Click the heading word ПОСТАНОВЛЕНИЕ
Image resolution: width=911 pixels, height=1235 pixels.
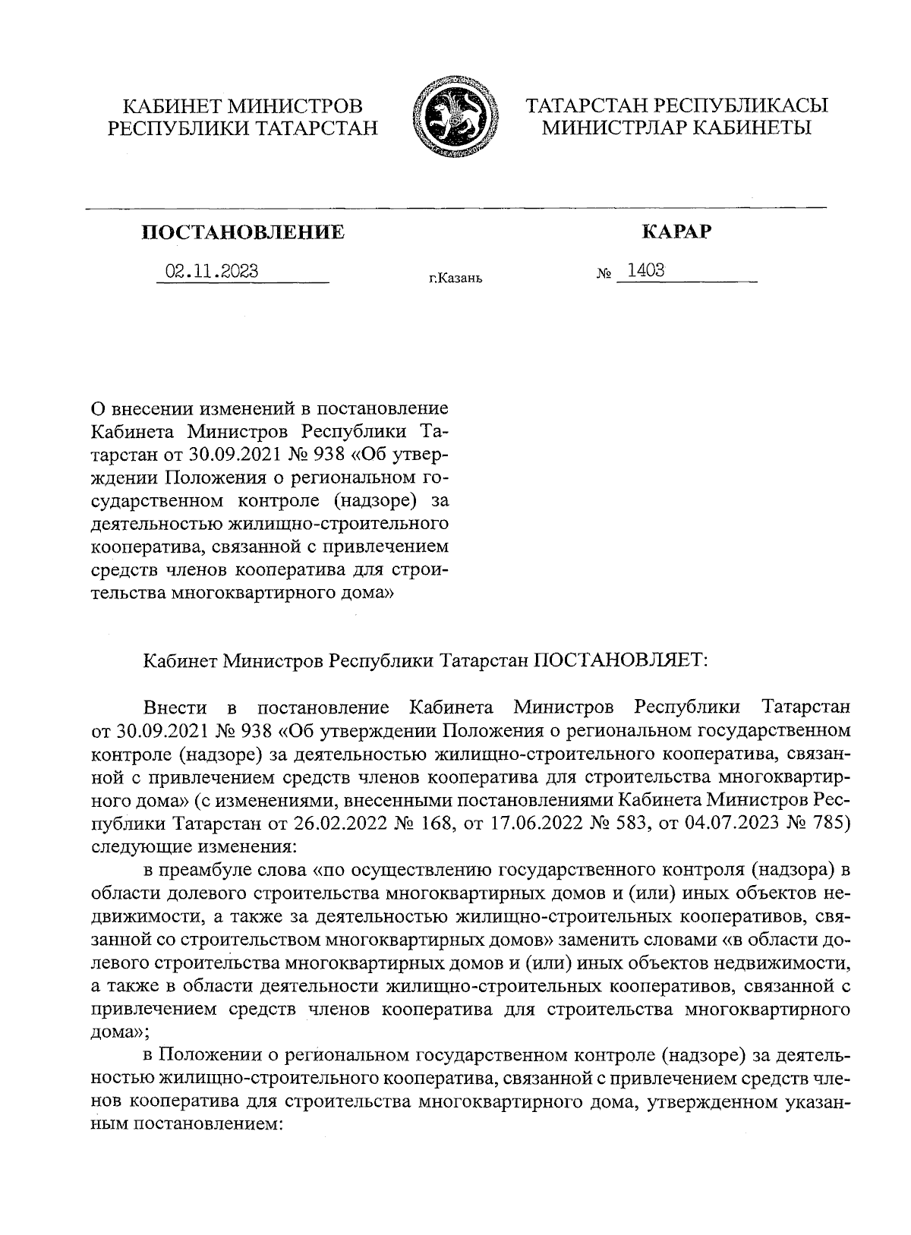[243, 232]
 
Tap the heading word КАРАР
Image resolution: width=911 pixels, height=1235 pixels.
[676, 232]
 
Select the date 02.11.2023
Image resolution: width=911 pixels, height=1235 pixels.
[212, 271]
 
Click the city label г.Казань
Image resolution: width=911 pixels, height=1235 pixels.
[455, 279]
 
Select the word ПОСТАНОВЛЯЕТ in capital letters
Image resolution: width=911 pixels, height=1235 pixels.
[619, 660]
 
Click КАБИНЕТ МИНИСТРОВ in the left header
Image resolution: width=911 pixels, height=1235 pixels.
[243, 106]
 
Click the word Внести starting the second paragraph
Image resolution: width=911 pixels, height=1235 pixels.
[175, 707]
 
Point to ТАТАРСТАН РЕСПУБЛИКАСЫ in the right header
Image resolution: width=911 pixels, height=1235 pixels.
[676, 106]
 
